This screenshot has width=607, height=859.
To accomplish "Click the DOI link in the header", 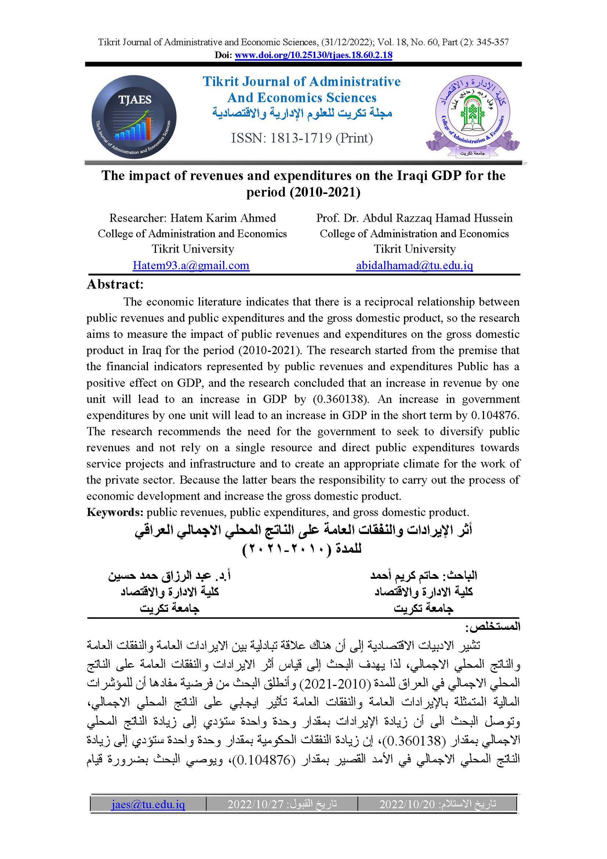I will (x=313, y=55).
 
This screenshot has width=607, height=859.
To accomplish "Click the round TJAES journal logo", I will (x=134, y=117).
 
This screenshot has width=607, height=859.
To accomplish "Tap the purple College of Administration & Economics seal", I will (x=472, y=116).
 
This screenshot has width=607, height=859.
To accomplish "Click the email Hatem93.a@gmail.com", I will (x=191, y=265).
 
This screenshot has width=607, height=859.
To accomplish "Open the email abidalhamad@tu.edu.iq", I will (x=414, y=265).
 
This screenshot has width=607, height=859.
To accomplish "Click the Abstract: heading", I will (x=115, y=284).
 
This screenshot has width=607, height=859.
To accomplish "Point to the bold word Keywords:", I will (x=115, y=512).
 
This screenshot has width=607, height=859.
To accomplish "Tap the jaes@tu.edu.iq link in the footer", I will (x=148, y=804).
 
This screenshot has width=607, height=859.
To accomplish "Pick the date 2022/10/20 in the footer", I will (x=407, y=804).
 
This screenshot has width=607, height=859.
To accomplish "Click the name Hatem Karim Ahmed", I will (x=223, y=218).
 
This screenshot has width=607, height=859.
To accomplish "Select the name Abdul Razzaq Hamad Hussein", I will (x=437, y=218).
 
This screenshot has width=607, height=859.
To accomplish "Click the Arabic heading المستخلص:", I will (x=492, y=627).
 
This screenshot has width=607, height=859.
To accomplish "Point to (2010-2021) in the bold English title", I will (x=325, y=192).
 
